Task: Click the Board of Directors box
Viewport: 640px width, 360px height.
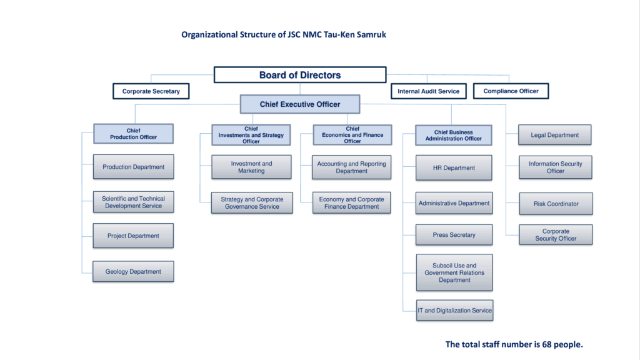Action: point(300,75)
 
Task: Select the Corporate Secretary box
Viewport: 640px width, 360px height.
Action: point(151,91)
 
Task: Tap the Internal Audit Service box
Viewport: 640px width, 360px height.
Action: point(428,91)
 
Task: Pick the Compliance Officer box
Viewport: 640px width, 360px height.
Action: point(511,91)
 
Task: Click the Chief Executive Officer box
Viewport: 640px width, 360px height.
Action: point(300,104)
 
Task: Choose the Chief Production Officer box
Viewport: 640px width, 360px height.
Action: point(133,134)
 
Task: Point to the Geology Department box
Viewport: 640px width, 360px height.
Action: point(133,272)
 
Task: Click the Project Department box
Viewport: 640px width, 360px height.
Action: point(133,236)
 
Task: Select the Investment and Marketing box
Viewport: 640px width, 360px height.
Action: point(251,167)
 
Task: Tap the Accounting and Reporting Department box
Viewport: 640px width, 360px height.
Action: point(351,167)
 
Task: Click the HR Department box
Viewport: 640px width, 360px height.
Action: point(454,168)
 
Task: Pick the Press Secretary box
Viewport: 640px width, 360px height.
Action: point(454,235)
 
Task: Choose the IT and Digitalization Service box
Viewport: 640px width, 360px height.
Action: point(454,311)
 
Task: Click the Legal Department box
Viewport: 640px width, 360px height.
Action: point(555,135)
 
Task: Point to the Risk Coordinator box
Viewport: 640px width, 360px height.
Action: point(556,204)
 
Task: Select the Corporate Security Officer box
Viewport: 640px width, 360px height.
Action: point(556,235)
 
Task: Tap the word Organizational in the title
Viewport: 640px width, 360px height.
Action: point(209,35)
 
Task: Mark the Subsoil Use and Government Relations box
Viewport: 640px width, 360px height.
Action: point(454,272)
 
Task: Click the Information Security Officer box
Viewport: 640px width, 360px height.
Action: point(555,167)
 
